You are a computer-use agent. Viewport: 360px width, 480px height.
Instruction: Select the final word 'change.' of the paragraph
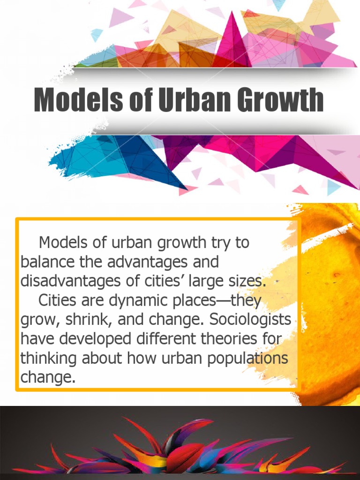(48, 378)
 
